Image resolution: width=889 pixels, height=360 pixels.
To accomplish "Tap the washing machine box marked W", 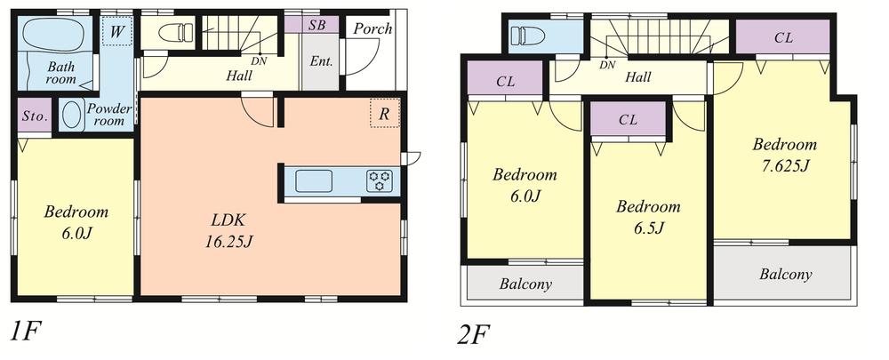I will pyautogui.click(x=115, y=34).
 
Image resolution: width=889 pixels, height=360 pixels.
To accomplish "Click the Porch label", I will pyautogui.click(x=372, y=28).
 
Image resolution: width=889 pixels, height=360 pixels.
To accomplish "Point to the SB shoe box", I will pyautogui.click(x=316, y=25).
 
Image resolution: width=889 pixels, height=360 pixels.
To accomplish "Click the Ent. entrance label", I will pyautogui.click(x=320, y=61).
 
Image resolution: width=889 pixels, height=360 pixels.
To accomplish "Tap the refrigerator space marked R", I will pyautogui.click(x=384, y=113).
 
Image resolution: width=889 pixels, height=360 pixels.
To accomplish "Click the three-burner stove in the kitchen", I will pyautogui.click(x=380, y=181).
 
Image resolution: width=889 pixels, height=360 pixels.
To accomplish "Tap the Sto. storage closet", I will pyautogui.click(x=35, y=116).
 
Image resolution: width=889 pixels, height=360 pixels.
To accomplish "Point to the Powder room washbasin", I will pyautogui.click(x=73, y=121).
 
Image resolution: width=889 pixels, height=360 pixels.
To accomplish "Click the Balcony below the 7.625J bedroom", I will pyautogui.click(x=784, y=274).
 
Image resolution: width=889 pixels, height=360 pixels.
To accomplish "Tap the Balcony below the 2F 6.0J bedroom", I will pyautogui.click(x=525, y=284).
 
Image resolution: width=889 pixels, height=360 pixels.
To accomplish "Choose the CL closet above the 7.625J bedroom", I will pyautogui.click(x=783, y=38).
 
